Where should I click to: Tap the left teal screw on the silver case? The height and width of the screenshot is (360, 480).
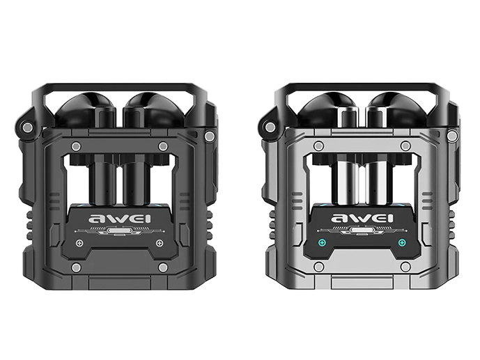[321, 243]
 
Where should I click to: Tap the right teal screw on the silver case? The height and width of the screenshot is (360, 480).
[401, 243]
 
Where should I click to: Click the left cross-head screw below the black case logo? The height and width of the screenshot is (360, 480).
[79, 243]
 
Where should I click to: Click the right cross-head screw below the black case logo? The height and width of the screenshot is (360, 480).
[159, 243]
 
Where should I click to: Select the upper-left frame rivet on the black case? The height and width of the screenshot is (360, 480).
[76, 146]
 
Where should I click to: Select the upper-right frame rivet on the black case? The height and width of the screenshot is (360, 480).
[163, 146]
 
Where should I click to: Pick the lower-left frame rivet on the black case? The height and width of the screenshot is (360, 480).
[75, 267]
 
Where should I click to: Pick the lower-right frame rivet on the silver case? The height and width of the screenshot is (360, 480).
[405, 266]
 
